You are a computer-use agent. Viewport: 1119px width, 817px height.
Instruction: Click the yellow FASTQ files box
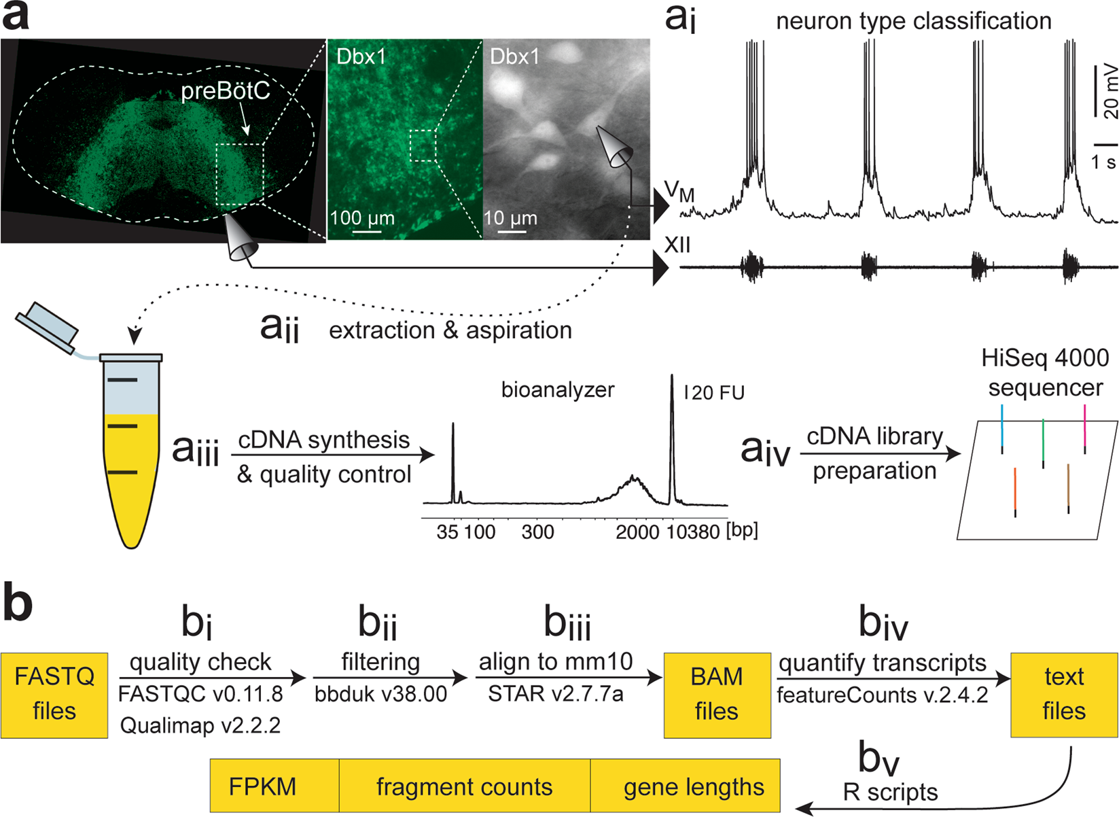(54, 695)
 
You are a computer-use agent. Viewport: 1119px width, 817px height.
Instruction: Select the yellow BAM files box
(717, 695)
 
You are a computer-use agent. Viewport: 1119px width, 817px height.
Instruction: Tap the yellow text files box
(1064, 695)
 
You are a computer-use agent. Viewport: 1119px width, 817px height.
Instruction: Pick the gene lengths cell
(694, 786)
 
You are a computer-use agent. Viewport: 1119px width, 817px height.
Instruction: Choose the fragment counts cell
(464, 786)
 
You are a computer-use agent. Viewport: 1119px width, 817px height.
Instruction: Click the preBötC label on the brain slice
(226, 91)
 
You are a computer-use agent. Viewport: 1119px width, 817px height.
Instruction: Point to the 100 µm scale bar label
(362, 218)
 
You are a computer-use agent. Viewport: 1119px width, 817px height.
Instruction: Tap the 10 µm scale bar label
(510, 218)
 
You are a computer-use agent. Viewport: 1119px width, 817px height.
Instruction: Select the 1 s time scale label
(1104, 162)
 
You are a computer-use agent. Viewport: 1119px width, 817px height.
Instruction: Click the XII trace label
(677, 245)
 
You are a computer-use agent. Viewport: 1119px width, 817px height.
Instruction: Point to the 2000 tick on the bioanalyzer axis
(637, 532)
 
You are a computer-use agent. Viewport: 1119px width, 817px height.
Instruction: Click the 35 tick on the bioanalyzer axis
(447, 532)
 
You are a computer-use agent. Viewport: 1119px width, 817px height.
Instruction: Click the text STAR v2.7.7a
(556, 694)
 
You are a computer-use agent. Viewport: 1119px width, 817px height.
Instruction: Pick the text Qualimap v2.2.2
(200, 725)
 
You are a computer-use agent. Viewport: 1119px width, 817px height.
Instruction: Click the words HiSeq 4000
(1045, 358)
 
